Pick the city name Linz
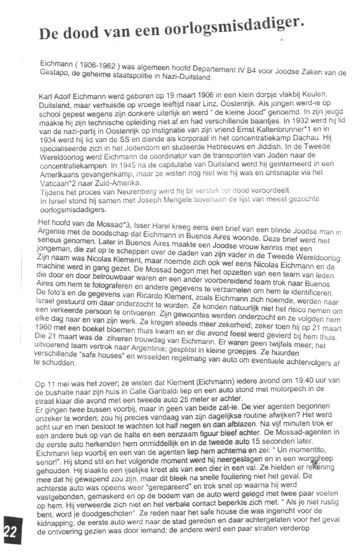click(x=188, y=102)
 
